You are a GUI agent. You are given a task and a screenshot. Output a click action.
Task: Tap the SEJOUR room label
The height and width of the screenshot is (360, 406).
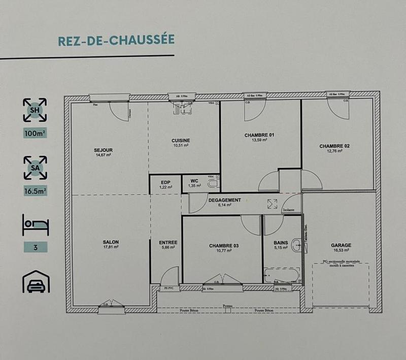point(103,150)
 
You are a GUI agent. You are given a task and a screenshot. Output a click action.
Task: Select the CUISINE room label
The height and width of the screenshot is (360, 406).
point(181,141)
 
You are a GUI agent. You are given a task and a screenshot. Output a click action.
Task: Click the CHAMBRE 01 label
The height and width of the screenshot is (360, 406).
point(259,135)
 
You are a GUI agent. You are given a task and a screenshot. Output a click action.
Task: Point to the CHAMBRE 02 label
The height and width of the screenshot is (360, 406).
point(334,146)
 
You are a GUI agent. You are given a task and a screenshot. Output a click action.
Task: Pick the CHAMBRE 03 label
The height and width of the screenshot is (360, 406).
point(224,246)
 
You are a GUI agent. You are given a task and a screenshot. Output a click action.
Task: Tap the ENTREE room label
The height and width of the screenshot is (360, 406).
point(168,242)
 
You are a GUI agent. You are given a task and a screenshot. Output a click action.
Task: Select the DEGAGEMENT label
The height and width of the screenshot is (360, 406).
point(224,200)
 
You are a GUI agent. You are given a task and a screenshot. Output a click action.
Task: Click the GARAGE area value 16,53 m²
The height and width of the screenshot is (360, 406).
point(341,250)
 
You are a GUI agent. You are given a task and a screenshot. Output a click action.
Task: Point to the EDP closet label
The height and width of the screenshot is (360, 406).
point(165,182)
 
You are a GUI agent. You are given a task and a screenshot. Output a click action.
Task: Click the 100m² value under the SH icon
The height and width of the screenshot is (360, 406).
point(35,134)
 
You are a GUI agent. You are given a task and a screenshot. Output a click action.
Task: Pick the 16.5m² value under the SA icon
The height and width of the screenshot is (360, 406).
point(35,191)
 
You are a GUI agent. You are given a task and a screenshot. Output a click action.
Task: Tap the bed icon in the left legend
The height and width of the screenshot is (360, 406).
point(35,224)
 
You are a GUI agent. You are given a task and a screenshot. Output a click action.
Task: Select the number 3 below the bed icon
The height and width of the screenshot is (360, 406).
point(35,248)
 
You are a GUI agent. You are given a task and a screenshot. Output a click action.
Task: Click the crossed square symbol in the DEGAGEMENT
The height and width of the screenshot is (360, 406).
point(272,204)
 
